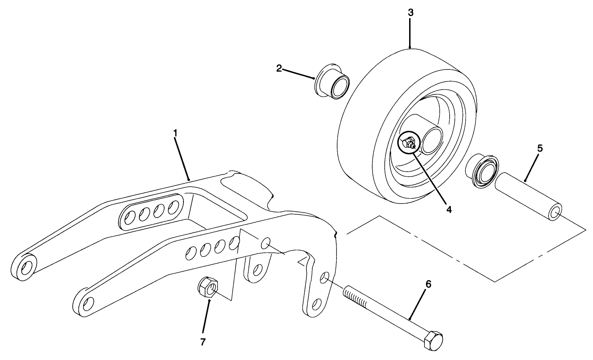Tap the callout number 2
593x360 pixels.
click(279, 68)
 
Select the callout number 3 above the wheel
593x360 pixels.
click(410, 12)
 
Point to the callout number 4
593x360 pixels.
click(448, 209)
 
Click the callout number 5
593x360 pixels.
click(540, 148)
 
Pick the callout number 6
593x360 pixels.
click(428, 284)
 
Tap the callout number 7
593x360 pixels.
click(203, 342)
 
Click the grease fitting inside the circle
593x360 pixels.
click(408, 142)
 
